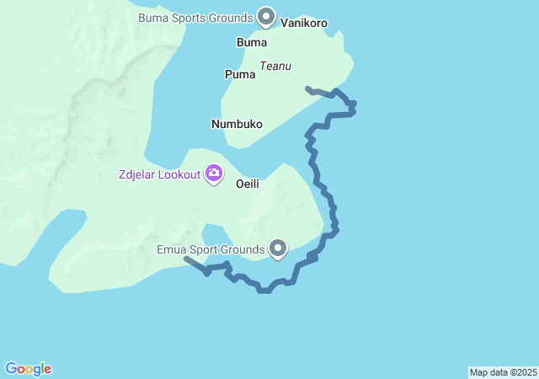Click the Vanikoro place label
pos(304,24)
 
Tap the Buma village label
pos(252,42)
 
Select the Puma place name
pos(240,74)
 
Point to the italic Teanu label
pos(275,66)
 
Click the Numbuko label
pos(237,124)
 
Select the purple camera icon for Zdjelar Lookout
pos(214,173)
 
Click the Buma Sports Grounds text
pos(195,17)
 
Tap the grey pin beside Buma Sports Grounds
pos(266,16)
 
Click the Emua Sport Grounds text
pos(211,249)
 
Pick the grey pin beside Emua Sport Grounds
pos(278,248)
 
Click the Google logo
pos(29,369)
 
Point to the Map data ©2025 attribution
pos(503,372)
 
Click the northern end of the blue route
pos(307,88)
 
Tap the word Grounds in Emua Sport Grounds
pos(243,249)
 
